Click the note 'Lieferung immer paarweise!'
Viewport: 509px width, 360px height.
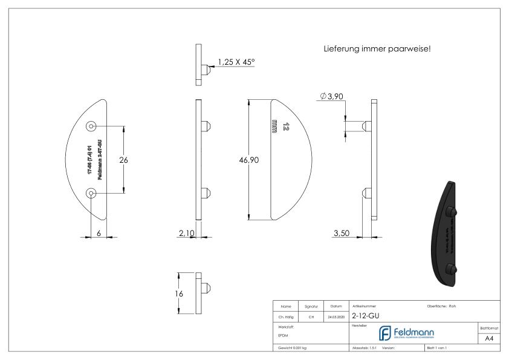coord(377,49)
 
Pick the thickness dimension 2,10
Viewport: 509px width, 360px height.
coord(186,234)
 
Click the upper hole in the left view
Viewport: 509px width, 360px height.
coord(91,126)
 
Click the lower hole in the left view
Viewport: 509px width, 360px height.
coord(91,193)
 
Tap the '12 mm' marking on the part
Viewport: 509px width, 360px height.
coord(280,126)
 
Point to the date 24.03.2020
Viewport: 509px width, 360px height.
coord(335,315)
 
